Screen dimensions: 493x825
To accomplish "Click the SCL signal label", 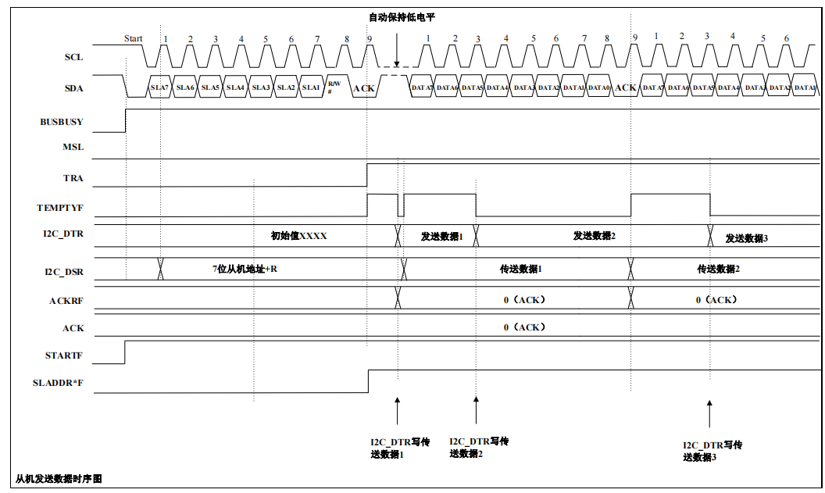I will pyautogui.click(x=73, y=57).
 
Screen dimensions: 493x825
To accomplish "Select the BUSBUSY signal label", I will pyautogui.click(x=62, y=122).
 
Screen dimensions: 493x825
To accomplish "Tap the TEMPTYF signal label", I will pyautogui.click(x=60, y=208).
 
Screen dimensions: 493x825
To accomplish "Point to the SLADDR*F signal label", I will pyautogui.click(x=59, y=384).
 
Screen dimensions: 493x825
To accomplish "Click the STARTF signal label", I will pyautogui.click(x=64, y=355).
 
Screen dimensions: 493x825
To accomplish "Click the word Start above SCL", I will pyautogui.click(x=133, y=38).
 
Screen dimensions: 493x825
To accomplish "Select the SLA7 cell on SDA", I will pyautogui.click(x=159, y=88).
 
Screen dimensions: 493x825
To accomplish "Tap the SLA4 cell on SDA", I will pyautogui.click(x=235, y=88).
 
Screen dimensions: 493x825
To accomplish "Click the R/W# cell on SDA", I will pyautogui.click(x=334, y=87).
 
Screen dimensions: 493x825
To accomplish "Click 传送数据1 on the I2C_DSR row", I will pyautogui.click(x=521, y=269).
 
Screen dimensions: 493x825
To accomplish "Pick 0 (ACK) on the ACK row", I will pyautogui.click(x=524, y=327).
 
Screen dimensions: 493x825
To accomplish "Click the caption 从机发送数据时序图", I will pyautogui.click(x=59, y=478).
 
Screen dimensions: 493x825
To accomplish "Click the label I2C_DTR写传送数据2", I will pyautogui.click(x=479, y=448).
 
